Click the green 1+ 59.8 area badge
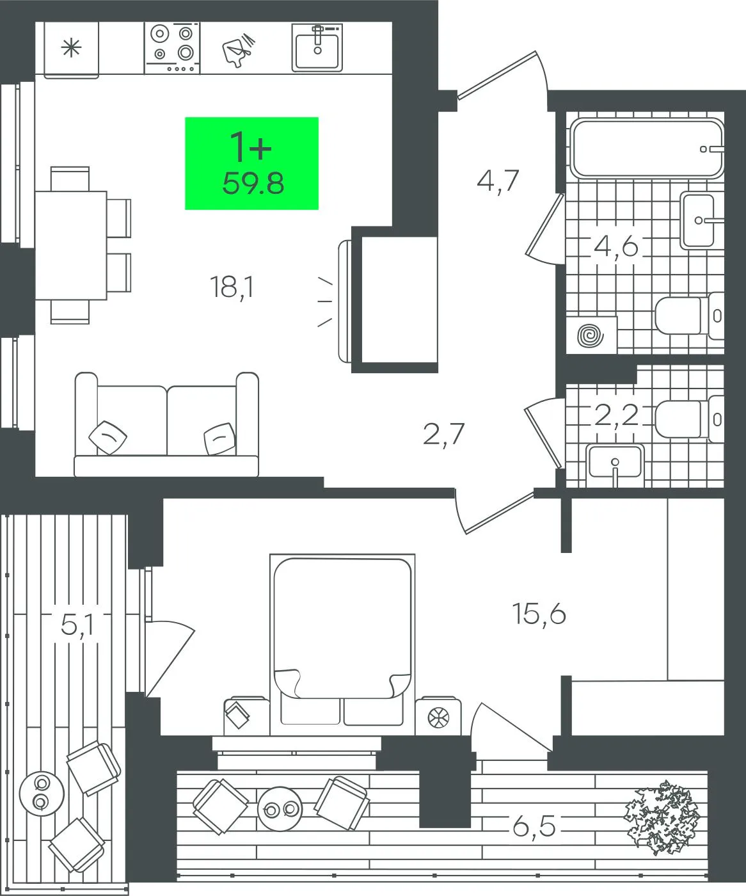pos(251,163)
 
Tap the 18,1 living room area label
pos(232,287)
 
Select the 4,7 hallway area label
pos(498,181)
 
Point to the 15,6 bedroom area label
pos(539,614)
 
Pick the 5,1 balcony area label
pos(77,625)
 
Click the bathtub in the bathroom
pos(647,148)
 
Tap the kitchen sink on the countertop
pos(317,47)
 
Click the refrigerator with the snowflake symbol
pos(71,50)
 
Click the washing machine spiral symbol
pos(591,335)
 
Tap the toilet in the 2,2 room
pos(690,419)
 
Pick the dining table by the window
pos(71,246)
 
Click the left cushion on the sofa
pos(107,437)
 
